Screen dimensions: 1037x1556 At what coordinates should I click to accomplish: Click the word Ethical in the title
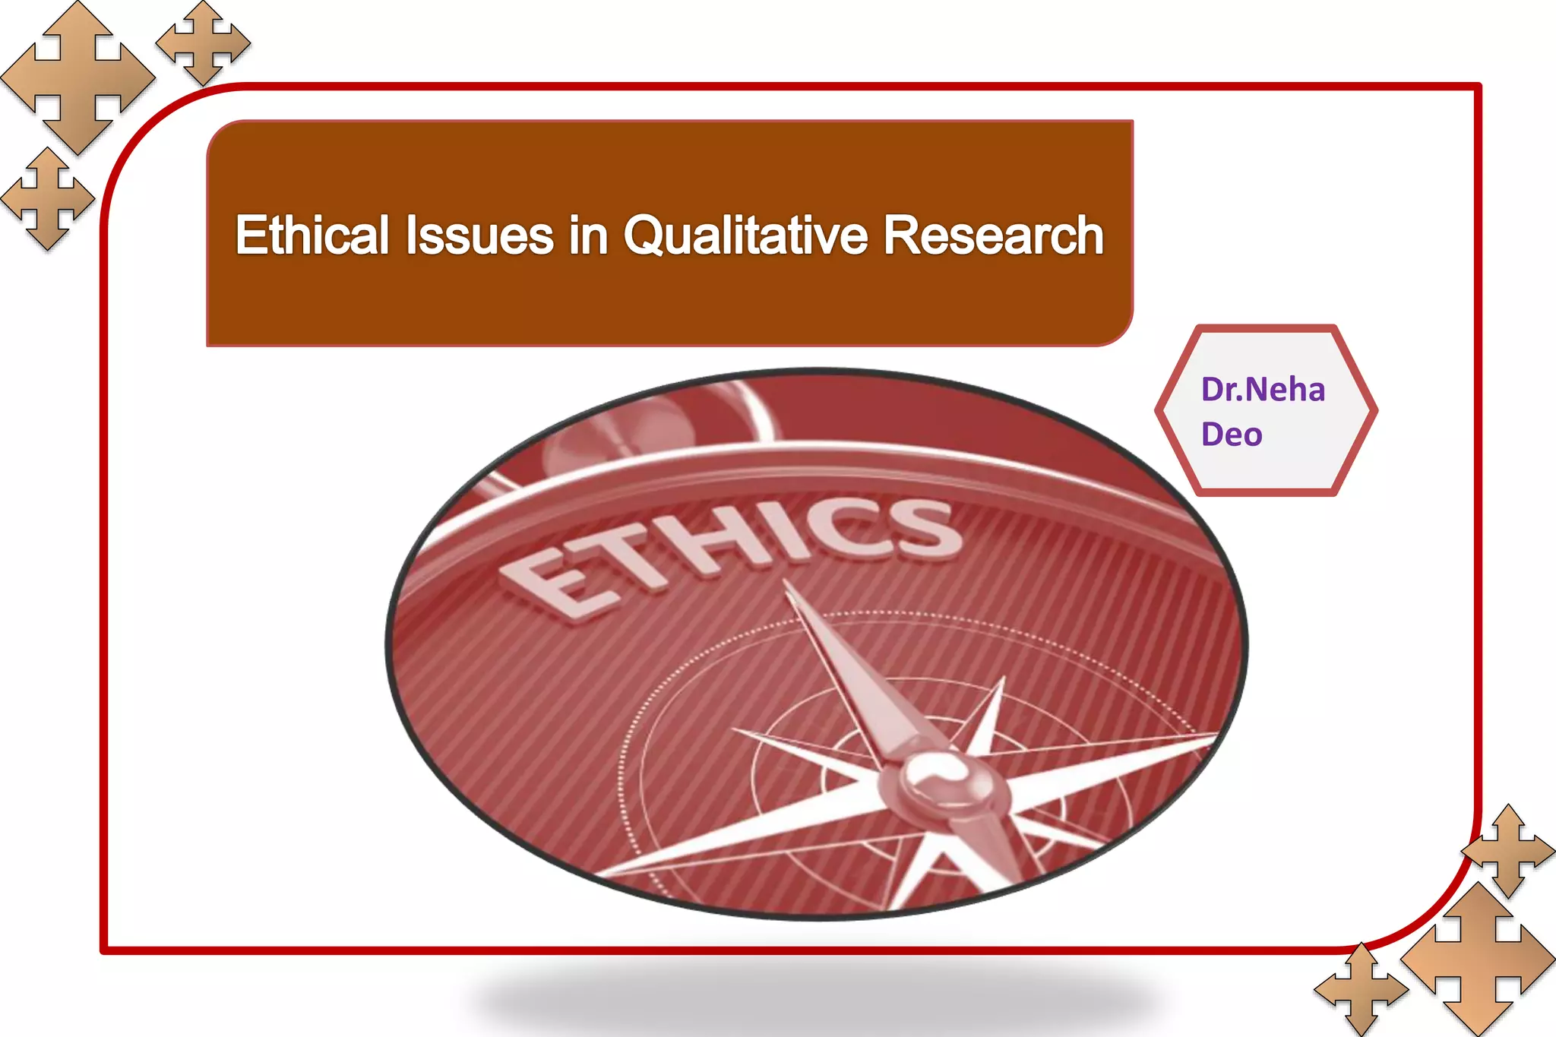coord(312,235)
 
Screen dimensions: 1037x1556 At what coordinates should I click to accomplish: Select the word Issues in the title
coord(479,235)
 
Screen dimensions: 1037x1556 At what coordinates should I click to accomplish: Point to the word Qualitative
coord(745,235)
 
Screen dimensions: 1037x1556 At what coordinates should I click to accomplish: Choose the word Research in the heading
coord(993,235)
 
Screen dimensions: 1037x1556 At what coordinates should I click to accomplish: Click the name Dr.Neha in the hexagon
coord(1263,390)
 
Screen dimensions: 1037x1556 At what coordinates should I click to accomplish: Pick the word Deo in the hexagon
coord(1232,435)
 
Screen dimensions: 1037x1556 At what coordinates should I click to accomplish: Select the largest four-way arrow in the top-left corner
coord(77,77)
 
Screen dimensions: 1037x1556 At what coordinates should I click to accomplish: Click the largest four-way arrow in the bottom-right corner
coord(1478,959)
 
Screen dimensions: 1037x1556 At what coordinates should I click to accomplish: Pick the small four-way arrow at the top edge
coord(203,43)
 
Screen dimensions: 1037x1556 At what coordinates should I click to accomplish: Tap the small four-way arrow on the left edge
coord(48,199)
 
